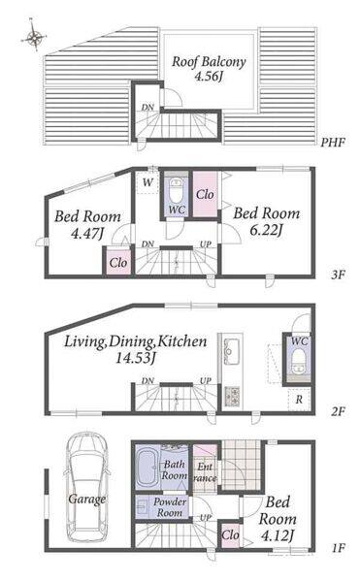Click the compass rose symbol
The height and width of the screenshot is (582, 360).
pos(34,37)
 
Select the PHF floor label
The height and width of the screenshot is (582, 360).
pos(333,143)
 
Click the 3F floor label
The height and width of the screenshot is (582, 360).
pos(339,275)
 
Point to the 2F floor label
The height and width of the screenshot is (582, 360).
pos(338,411)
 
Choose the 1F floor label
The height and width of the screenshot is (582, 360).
pos(339,548)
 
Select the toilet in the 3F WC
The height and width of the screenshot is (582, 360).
pos(176,190)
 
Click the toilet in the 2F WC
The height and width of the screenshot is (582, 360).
pos(299,363)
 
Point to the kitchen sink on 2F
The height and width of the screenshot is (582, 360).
pos(232,351)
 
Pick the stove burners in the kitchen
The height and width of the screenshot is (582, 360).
pos(232,397)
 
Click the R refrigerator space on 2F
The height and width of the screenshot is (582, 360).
pos(299,400)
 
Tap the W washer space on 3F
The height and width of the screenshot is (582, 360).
pos(147,182)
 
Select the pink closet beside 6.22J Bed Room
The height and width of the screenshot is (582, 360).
pos(205,194)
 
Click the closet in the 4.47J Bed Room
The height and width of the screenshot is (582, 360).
pos(118,263)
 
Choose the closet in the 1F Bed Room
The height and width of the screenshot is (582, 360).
pos(231,534)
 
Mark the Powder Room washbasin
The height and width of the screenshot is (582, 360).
pos(144,506)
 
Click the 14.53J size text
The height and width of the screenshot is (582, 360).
pos(135,358)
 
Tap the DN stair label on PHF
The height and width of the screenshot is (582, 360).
pos(147,108)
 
